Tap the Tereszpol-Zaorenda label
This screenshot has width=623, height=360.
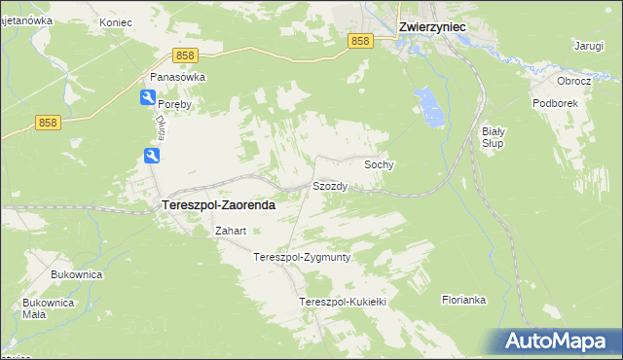[x=216, y=205]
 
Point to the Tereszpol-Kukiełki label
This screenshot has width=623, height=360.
[x=344, y=302]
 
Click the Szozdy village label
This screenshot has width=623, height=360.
[x=329, y=185]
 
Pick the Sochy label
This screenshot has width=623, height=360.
[x=379, y=164]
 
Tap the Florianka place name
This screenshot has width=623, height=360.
[x=463, y=300]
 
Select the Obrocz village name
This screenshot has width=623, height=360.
[x=573, y=81]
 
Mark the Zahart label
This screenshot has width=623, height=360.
[x=231, y=231]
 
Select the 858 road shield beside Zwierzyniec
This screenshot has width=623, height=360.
[x=361, y=40]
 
